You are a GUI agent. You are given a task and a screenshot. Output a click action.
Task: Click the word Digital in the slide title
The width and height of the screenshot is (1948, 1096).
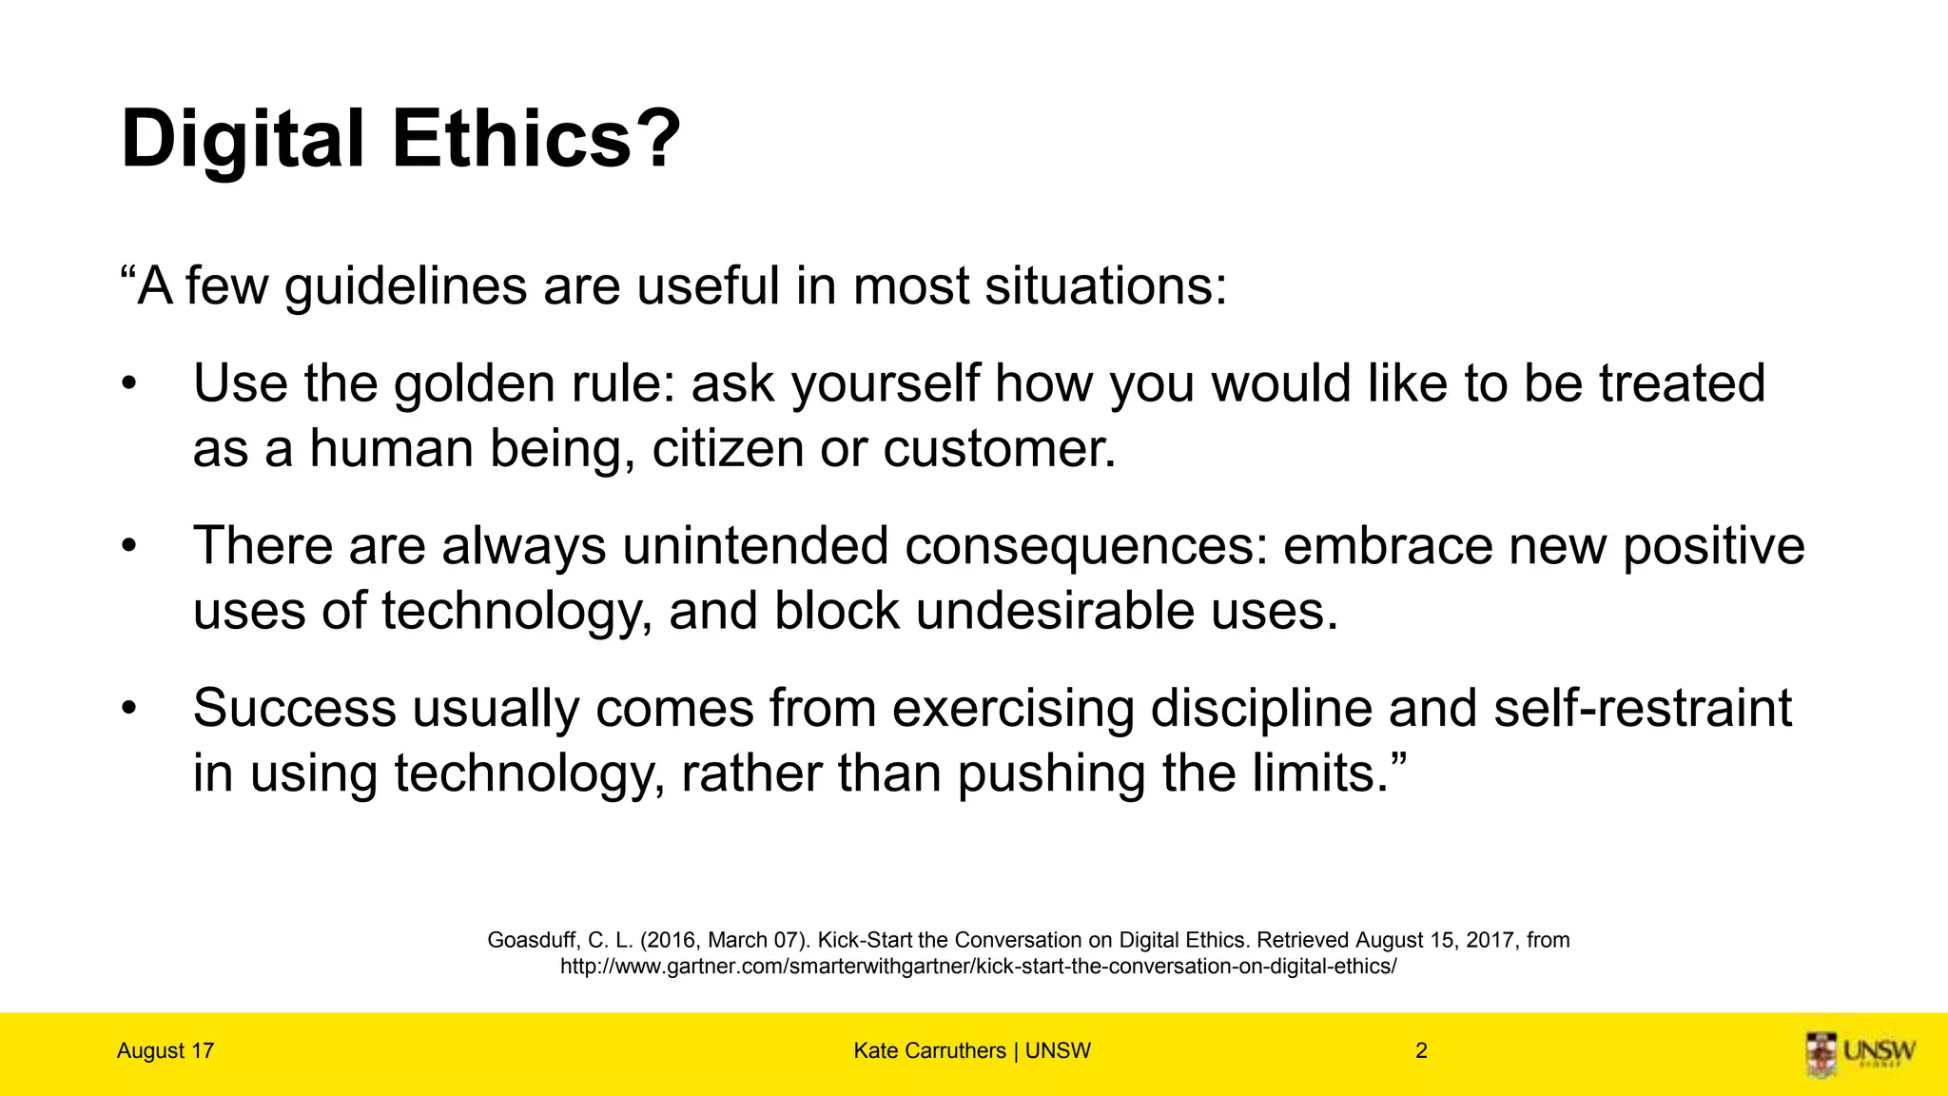coord(243,140)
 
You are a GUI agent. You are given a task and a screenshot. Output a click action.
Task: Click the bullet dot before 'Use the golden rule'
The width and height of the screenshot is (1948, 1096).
coord(129,384)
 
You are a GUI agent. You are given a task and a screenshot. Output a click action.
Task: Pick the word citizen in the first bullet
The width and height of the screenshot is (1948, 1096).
coord(728,448)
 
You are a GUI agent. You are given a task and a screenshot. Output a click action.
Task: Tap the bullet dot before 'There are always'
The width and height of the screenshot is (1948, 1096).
coord(129,547)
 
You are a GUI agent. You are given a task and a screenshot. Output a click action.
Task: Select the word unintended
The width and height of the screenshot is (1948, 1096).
coord(755,546)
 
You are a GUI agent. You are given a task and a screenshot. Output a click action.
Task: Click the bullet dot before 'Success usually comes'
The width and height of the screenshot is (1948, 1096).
coord(129,709)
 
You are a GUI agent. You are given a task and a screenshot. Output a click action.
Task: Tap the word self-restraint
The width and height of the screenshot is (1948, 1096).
coord(1643,709)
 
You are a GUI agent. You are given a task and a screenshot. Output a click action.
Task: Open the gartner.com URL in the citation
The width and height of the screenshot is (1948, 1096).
coord(978,967)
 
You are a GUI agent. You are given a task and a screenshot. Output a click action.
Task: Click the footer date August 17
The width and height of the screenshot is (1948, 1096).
coord(166,1051)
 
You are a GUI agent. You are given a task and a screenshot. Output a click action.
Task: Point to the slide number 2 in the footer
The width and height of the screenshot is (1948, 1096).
coord(1421,1051)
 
